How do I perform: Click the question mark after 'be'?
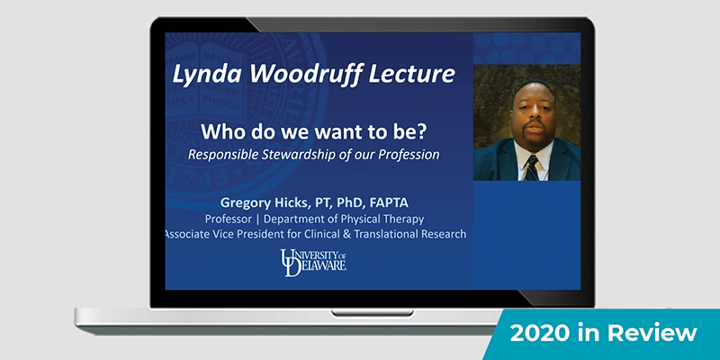tap(421, 132)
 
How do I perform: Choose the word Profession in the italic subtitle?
tap(409, 155)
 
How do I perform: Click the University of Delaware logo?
tap(313, 263)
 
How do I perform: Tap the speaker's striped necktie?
tap(532, 168)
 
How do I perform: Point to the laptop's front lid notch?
tap(372, 312)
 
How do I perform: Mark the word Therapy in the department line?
tap(405, 219)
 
